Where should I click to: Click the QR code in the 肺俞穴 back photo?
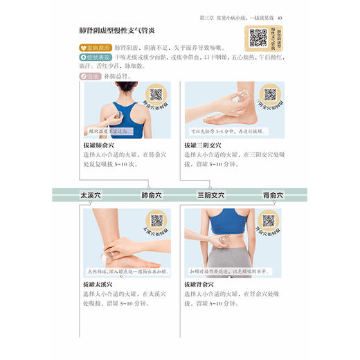(156, 94)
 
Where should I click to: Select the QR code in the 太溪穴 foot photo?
(156, 220)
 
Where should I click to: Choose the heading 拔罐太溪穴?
(99, 284)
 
